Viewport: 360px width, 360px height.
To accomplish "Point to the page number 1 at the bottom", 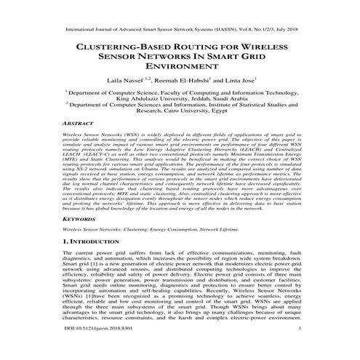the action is pos(299,349).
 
